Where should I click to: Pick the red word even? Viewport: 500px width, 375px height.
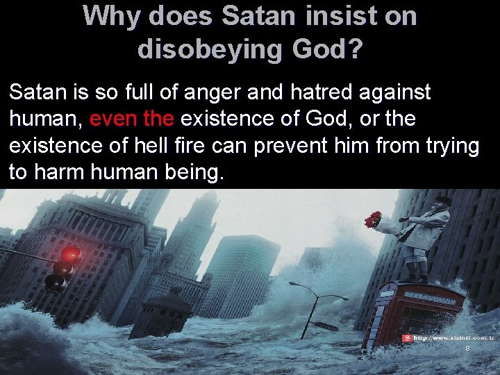113,119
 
